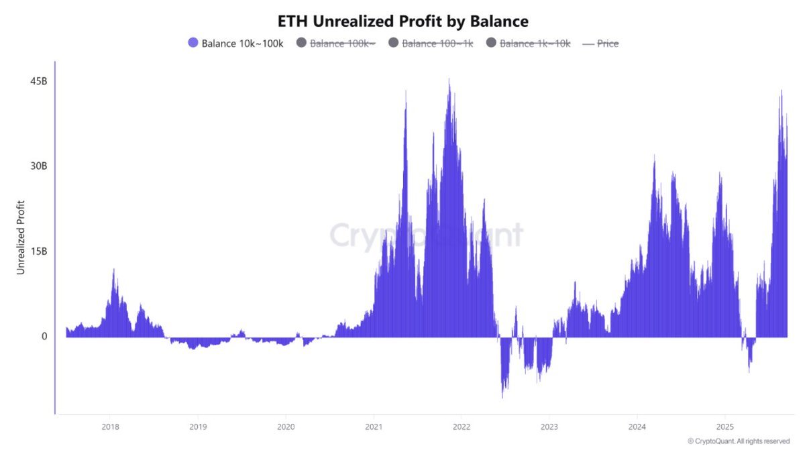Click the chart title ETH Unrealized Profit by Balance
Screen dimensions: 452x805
(402, 21)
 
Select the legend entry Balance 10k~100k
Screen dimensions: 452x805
(242, 43)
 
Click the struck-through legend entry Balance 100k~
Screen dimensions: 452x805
(342, 43)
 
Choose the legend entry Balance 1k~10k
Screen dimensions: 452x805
(535, 43)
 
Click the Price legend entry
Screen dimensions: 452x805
(607, 43)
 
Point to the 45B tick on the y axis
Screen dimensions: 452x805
(39, 81)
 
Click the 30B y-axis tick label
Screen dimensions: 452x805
(39, 166)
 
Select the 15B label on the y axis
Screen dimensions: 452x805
(39, 251)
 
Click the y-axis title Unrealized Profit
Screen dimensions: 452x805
(21, 237)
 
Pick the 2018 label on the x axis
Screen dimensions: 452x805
(110, 427)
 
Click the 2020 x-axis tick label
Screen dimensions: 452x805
(286, 427)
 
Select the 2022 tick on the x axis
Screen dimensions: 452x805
(461, 427)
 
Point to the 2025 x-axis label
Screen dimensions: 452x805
(724, 427)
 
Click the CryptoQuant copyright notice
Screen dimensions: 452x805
(739, 441)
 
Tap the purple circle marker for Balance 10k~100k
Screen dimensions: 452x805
(193, 43)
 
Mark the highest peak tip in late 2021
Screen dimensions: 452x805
(449, 80)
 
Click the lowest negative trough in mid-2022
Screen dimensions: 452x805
(502, 397)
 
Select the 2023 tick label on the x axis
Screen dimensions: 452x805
(549, 427)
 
